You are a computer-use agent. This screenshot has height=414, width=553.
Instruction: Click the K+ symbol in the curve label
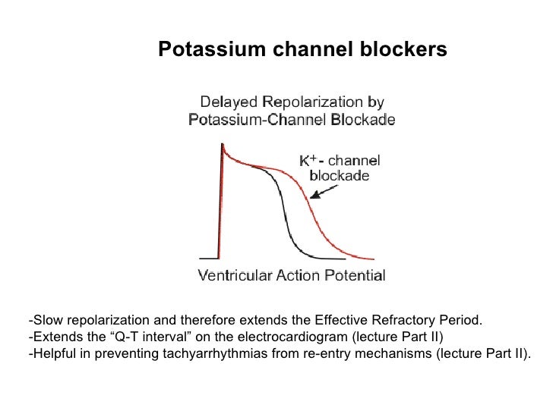click(306, 161)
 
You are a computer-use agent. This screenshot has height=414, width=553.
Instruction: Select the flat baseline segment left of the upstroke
click(208, 257)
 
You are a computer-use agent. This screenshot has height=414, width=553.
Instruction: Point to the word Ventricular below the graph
click(233, 275)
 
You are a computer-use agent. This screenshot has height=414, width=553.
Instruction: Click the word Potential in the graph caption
click(358, 275)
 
